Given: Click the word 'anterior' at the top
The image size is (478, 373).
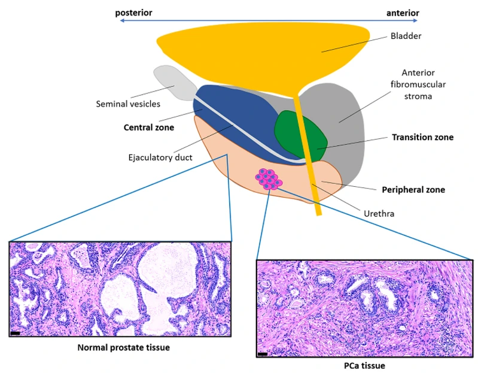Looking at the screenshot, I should pos(402,13).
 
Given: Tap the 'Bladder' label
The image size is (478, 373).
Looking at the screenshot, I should pos(407,36).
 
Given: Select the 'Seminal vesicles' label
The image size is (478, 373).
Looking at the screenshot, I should pos(128,104).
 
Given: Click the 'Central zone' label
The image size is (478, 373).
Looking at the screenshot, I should pos(148,127).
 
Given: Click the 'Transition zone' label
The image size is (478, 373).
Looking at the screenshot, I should pos(422,137).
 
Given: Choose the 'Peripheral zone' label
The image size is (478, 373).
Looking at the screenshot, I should pos(413,190).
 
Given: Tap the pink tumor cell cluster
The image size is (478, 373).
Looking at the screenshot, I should pos(269,178).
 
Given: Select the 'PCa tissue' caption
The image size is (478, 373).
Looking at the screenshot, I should pos(364,366).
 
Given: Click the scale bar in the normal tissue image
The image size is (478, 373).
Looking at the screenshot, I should pos(16,332).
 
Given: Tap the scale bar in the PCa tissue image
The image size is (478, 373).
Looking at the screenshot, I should pos(262,354).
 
